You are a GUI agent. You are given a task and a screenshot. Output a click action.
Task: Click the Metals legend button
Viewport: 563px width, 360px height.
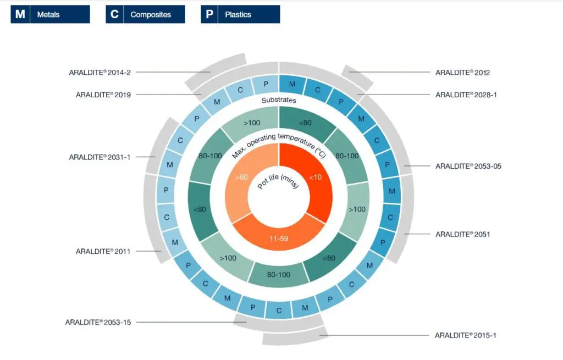click(50, 14)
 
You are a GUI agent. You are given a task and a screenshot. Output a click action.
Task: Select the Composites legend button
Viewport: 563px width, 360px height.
click(145, 14)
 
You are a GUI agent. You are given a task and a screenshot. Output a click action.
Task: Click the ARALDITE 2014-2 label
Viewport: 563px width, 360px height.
click(103, 72)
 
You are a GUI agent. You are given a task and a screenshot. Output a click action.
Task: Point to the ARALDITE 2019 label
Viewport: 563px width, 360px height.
click(103, 95)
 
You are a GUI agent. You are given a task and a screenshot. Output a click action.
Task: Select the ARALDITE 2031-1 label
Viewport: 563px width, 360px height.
click(100, 157)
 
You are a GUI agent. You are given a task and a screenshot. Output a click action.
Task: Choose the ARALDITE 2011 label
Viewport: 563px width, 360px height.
click(103, 251)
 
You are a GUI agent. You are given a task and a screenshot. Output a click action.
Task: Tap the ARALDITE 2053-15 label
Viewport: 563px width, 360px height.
click(98, 322)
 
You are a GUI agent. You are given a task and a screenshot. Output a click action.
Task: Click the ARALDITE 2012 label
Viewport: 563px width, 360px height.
click(462, 72)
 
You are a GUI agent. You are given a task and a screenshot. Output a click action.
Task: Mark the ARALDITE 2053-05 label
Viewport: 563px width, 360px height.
click(468, 166)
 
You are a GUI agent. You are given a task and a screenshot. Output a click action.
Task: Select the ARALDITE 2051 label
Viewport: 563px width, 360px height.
click(462, 234)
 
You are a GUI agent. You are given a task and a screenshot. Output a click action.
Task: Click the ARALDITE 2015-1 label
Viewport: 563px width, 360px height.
click(466, 335)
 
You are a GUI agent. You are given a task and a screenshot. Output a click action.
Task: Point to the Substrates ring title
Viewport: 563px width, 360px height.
click(279, 100)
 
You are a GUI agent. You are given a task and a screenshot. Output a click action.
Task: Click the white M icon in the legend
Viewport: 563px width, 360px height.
click(20, 14)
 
